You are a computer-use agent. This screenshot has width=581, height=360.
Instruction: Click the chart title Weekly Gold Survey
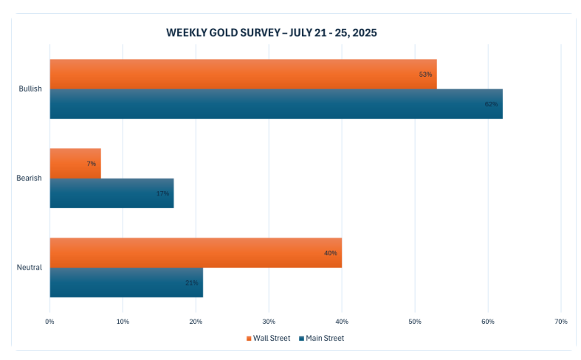pos(272,33)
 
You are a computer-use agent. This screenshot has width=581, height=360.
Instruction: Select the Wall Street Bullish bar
pos(243,74)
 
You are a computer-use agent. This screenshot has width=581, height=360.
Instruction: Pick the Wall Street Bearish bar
pos(75,163)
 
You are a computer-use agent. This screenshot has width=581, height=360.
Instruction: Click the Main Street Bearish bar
pos(111,193)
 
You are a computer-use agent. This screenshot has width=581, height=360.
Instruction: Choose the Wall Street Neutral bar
pos(195,252)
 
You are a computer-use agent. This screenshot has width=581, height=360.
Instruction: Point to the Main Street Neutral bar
pos(126,283)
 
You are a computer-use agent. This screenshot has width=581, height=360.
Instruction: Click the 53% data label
pos(425,74)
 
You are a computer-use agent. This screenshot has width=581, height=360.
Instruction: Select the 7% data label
pos(91,163)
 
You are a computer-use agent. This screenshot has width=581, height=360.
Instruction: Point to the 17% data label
pos(162,193)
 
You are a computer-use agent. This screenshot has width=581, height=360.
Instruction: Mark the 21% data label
pos(191,283)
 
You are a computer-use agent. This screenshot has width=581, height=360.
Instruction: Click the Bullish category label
pos(30,89)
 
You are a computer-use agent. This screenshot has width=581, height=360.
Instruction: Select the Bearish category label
pos(30,178)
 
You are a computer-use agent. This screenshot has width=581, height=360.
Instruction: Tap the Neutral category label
pos(30,267)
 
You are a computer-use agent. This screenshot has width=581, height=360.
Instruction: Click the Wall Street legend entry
pos(268,339)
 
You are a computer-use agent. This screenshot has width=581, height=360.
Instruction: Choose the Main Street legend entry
pos(321,339)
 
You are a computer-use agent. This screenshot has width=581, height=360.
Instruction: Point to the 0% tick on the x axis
pos(49,322)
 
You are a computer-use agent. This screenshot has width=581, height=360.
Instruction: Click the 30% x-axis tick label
pos(269,322)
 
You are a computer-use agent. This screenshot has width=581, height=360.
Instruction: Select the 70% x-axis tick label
pos(560,322)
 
